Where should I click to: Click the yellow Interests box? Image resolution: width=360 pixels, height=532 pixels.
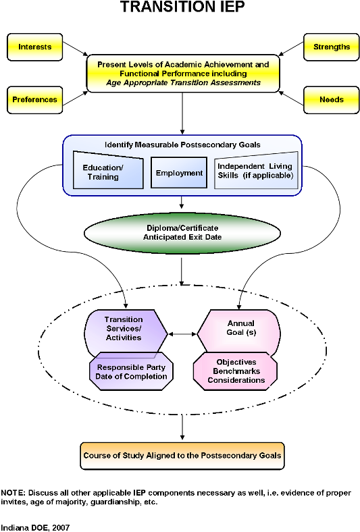point(34,47)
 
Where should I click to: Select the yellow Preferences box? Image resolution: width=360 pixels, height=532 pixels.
point(34,100)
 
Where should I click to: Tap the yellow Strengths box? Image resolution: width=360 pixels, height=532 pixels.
point(331,47)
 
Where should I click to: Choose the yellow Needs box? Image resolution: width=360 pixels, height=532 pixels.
point(331,100)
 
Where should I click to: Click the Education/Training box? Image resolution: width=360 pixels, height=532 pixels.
point(108,172)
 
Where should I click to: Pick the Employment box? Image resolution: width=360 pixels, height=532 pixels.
point(179,173)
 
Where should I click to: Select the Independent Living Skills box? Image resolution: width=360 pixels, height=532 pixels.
point(255,171)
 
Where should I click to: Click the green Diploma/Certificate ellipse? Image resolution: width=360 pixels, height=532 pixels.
point(182,233)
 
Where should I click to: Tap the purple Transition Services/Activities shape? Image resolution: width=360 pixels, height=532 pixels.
point(124,329)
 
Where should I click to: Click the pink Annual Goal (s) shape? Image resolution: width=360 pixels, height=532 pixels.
point(240,329)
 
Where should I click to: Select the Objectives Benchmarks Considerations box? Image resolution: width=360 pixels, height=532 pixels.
point(236,371)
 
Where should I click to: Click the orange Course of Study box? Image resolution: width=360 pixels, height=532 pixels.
point(182,456)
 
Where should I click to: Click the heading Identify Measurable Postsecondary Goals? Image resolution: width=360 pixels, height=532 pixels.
point(182,145)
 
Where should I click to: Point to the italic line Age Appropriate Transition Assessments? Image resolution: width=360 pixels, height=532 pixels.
point(183,83)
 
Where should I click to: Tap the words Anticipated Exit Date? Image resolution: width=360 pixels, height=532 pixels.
point(182,238)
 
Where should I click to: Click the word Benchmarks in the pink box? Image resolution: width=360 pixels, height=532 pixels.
point(236,371)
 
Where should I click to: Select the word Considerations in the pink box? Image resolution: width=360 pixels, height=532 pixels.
point(236,381)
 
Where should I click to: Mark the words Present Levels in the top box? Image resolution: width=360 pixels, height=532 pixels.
point(123,65)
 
